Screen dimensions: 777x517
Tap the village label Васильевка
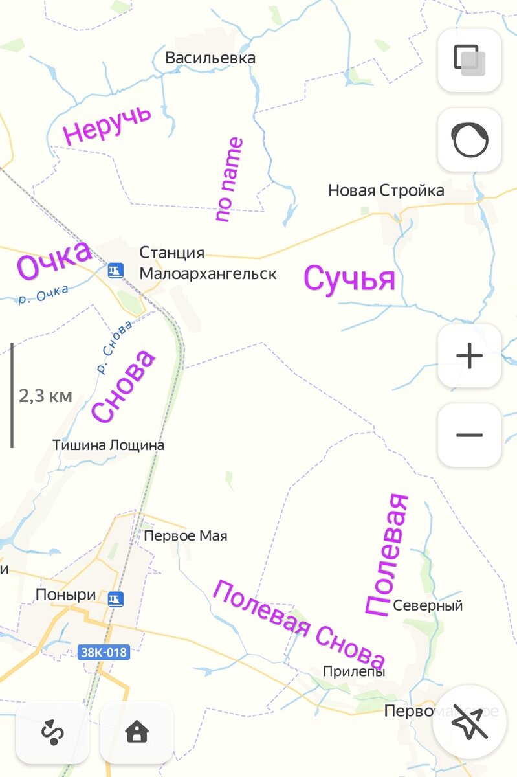[210, 58]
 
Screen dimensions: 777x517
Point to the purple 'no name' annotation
[230, 179]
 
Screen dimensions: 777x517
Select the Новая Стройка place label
[386, 190]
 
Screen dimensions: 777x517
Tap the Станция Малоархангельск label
[207, 264]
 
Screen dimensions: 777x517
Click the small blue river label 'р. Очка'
[43, 295]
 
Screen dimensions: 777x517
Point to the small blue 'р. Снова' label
[115, 347]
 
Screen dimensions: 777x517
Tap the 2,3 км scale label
[45, 396]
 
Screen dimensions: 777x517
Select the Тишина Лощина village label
[108, 445]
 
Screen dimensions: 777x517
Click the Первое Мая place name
[186, 536]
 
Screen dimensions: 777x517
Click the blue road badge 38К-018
[103, 652]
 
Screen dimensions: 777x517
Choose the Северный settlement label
[428, 606]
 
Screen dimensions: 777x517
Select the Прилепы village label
[354, 672]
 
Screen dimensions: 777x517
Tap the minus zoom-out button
[470, 435]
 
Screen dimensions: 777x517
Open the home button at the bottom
[137, 732]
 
